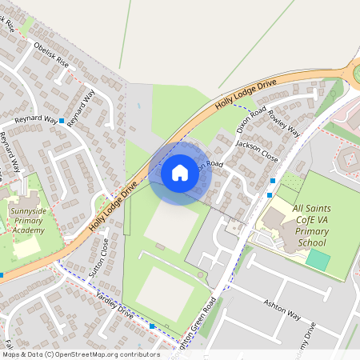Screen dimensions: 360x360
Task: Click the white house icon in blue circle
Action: (180, 172)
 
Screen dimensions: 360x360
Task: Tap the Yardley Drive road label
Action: (114, 303)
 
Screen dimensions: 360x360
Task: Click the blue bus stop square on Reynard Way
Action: (62, 120)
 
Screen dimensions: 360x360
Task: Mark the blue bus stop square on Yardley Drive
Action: (152, 326)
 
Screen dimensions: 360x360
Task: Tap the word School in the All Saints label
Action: (311, 242)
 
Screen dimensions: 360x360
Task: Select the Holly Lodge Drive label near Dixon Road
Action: (246, 94)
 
